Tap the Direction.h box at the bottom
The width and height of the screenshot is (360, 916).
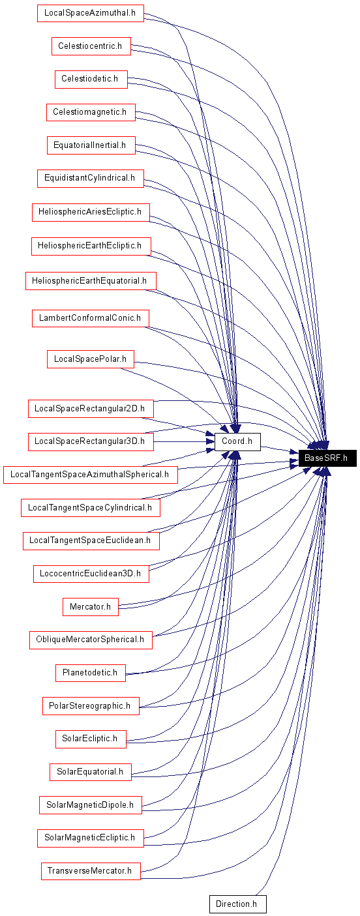coord(237,904)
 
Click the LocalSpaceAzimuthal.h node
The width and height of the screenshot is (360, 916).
coord(90,12)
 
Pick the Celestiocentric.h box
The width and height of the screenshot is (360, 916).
coord(91,46)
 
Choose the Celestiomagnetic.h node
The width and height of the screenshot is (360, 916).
coord(91,111)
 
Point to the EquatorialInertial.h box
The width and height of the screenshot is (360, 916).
coord(91,145)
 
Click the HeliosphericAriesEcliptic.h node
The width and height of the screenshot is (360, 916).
coord(91,212)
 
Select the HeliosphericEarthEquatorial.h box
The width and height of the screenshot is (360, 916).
coord(91,281)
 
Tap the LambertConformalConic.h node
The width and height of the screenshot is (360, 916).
coord(90,318)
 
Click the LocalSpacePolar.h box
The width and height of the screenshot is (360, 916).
coord(91,359)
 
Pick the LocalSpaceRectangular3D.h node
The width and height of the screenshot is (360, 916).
coord(91,441)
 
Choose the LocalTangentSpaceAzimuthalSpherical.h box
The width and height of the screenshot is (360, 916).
coord(90,474)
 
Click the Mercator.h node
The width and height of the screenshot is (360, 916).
coord(91,606)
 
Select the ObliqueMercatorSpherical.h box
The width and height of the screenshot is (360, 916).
coord(91,639)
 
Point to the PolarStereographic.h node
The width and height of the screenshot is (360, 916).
coord(91,705)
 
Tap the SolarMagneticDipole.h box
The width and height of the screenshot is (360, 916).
coord(90,805)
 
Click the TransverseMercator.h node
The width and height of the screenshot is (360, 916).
coord(91,870)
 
